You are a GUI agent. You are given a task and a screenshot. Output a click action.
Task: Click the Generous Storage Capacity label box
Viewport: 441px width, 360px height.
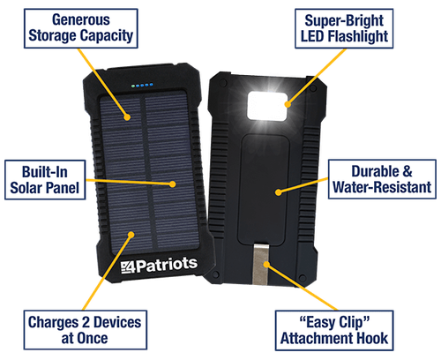tap(81, 28)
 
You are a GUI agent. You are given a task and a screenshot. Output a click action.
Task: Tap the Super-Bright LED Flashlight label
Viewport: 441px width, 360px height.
tap(344, 28)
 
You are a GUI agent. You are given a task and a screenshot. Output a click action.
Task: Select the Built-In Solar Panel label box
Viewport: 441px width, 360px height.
tap(45, 180)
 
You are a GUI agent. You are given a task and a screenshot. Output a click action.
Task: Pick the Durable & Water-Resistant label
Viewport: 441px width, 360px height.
tap(382, 179)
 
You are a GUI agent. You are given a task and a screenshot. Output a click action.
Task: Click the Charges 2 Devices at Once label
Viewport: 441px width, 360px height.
tap(86, 330)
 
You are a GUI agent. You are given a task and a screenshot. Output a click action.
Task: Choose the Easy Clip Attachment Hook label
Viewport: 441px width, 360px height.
tap(334, 330)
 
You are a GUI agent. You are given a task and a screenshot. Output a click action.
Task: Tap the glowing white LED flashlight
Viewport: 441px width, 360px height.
tap(267, 106)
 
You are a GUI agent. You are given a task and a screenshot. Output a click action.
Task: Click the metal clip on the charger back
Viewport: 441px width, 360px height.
tap(260, 264)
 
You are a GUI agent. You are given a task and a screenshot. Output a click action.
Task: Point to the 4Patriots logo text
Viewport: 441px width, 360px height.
tap(159, 265)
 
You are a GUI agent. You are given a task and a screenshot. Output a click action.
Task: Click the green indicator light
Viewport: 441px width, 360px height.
tap(133, 86)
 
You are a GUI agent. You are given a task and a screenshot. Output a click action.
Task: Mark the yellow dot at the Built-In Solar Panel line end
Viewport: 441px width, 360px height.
tap(173, 184)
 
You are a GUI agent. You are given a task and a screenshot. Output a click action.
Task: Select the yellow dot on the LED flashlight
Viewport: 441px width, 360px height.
tap(288, 104)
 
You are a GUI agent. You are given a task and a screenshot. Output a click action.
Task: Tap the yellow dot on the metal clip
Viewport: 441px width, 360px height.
tap(266, 265)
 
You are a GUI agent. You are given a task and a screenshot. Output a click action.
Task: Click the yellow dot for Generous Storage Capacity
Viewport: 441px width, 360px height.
tap(127, 117)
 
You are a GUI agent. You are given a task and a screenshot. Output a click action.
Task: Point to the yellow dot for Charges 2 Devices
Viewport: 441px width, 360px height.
tap(131, 235)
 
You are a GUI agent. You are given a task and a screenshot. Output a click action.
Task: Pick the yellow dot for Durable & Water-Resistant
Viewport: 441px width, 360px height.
tap(278, 192)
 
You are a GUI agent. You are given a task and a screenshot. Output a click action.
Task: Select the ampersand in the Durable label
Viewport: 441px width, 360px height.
tap(407, 171)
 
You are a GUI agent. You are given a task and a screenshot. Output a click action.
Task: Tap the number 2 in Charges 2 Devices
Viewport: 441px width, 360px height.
tap(86, 322)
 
